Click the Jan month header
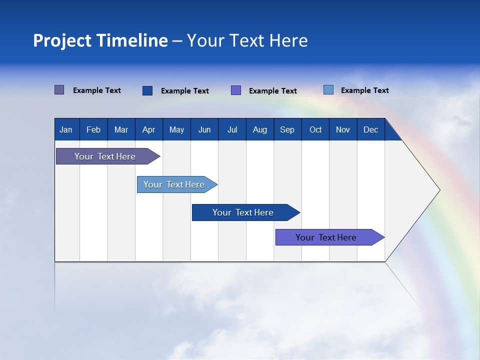66,129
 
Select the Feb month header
93,129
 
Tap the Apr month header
148,129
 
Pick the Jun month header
204,129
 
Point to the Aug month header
259,129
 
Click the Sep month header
287,129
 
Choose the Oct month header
315,129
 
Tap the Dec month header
370,129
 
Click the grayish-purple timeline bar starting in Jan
105,156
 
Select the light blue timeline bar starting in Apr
174,184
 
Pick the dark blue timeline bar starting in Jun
243,212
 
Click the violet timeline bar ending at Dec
326,237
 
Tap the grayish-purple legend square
59,90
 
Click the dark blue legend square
147,90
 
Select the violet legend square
236,90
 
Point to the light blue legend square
328,90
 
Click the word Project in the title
61,40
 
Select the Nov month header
343,129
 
